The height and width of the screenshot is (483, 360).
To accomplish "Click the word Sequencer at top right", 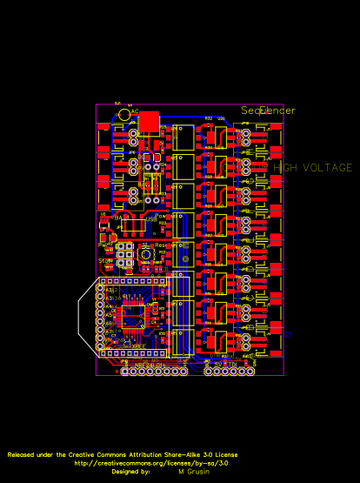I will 268,111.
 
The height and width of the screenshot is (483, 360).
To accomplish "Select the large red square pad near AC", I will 149,121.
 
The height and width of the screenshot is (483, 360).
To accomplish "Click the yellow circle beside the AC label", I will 124,115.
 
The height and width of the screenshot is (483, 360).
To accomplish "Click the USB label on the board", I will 150,220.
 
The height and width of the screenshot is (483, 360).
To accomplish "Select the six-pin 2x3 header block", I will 126,253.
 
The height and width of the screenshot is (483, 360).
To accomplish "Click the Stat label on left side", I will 103,260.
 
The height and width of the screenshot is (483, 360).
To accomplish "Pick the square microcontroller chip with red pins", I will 132,319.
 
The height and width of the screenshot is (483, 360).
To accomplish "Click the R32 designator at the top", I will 209,117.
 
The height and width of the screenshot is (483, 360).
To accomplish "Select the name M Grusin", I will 193,471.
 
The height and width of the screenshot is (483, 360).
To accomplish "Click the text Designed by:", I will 130,471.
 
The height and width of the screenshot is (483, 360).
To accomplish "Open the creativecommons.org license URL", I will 151,463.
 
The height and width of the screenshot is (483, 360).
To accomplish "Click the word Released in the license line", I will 23,454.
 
